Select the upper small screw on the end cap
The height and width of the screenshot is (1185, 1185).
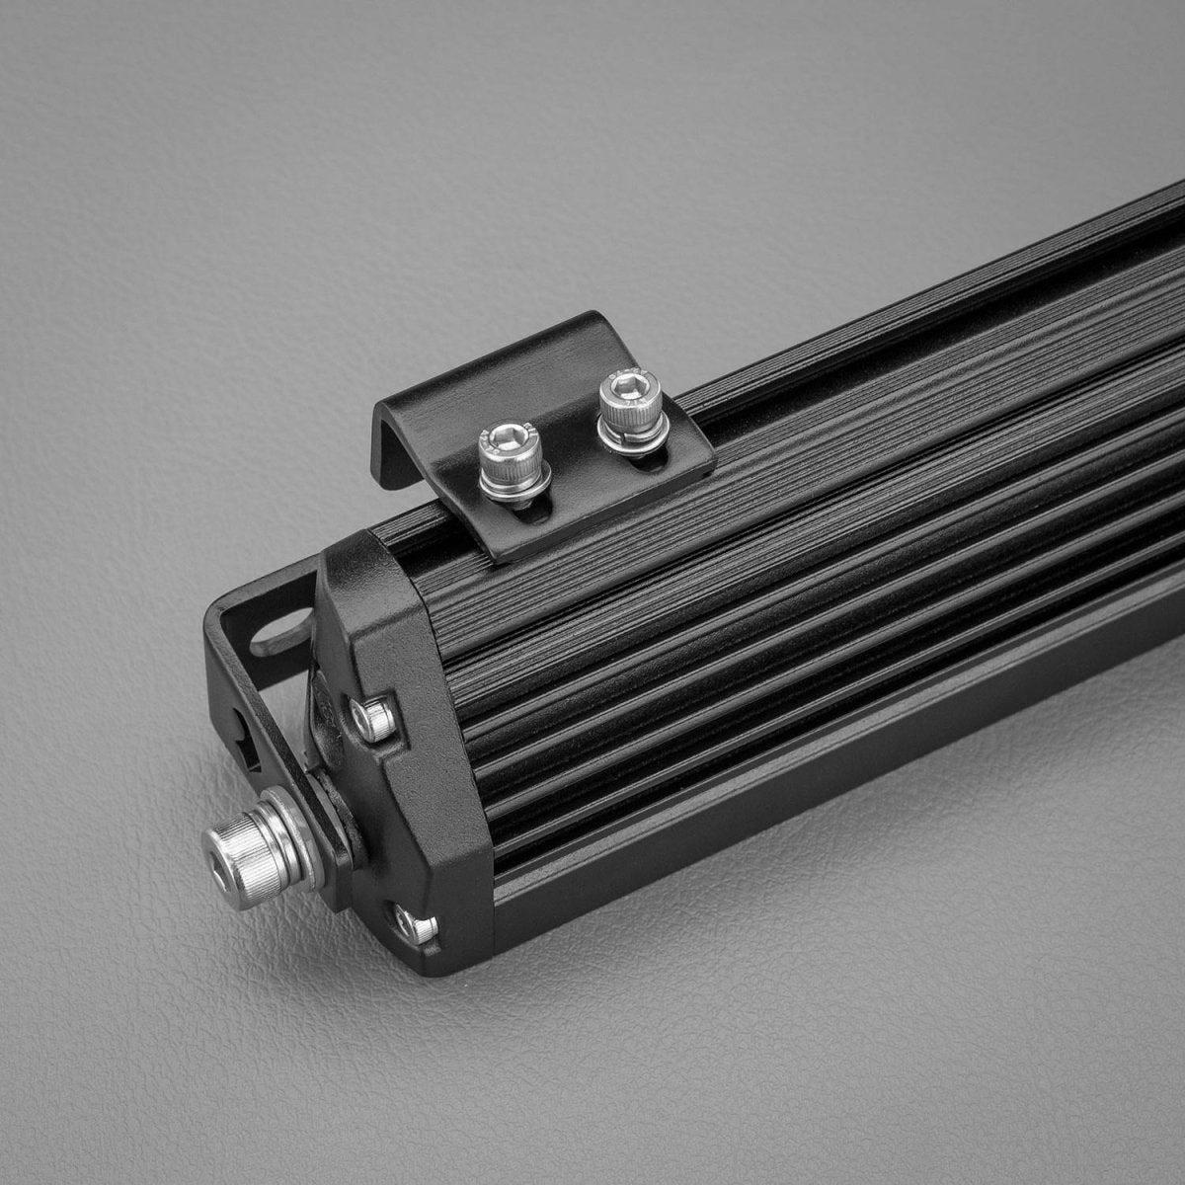[x=372, y=719]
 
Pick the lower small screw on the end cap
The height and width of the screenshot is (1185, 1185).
[x=414, y=925]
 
